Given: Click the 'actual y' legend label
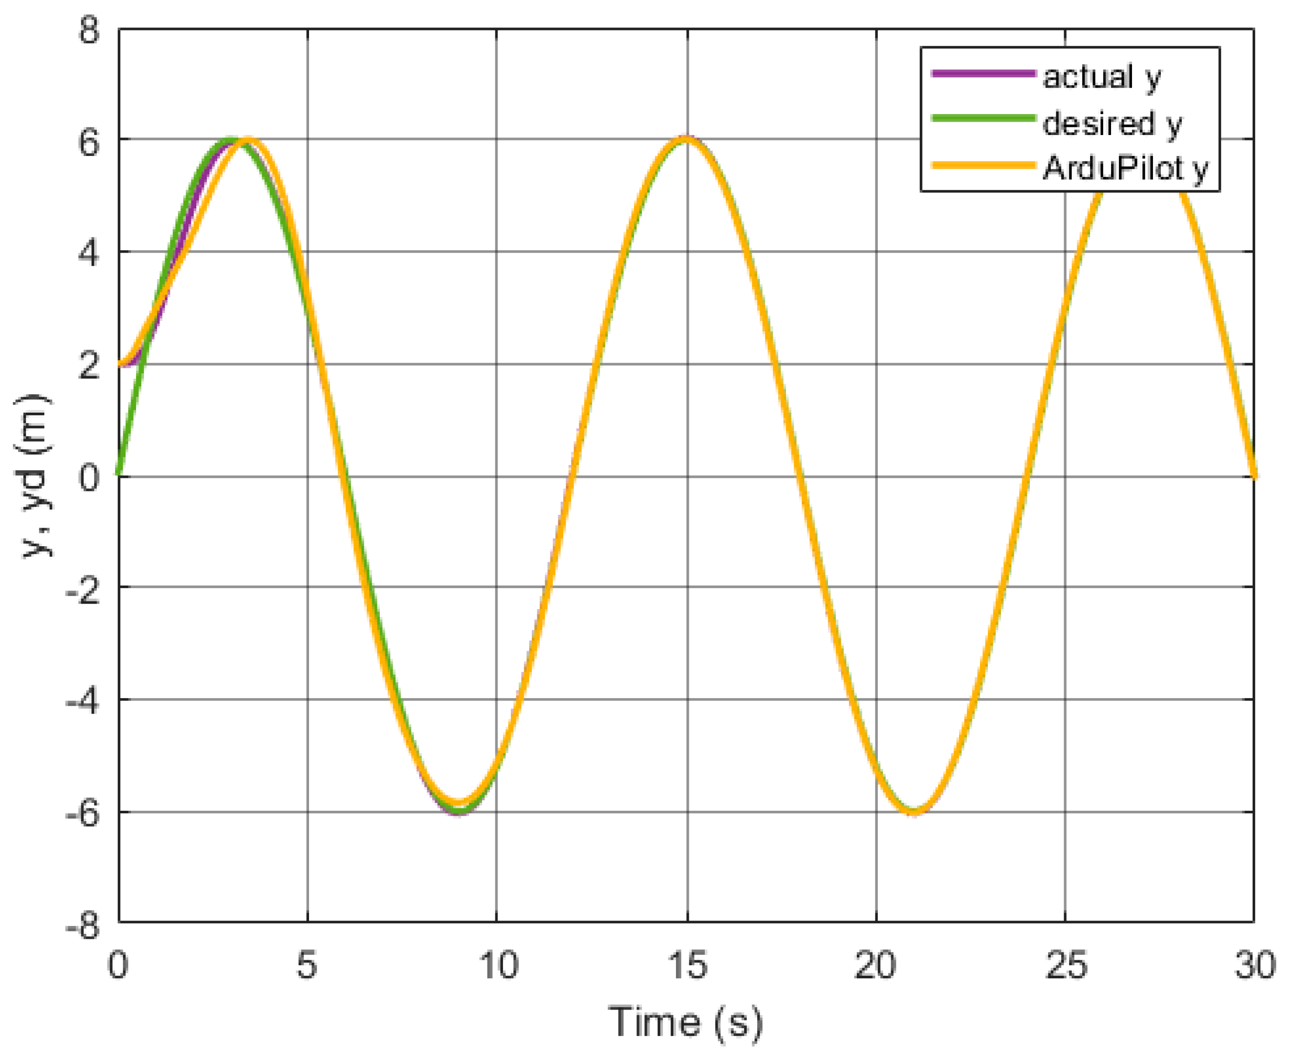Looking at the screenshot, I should point(1102,77).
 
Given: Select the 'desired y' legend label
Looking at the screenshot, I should point(1112,124).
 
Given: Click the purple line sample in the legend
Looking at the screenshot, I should point(983,74).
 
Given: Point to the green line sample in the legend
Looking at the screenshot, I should point(983,119).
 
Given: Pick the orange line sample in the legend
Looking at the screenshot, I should point(983,164).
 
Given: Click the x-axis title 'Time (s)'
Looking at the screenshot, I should point(685,1022).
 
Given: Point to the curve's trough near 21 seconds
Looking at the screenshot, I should point(914,812).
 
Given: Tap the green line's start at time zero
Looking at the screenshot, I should point(120,474).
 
